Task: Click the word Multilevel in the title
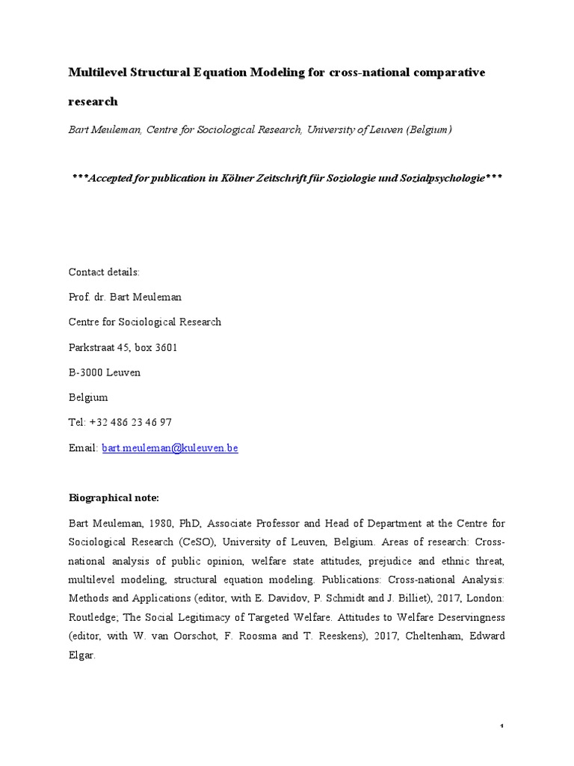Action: tap(96, 73)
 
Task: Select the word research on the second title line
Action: tap(93, 101)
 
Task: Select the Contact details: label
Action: tap(104, 272)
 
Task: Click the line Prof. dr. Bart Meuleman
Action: tap(125, 297)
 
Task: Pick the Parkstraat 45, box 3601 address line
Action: tap(123, 347)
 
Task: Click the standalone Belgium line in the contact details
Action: tap(88, 397)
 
